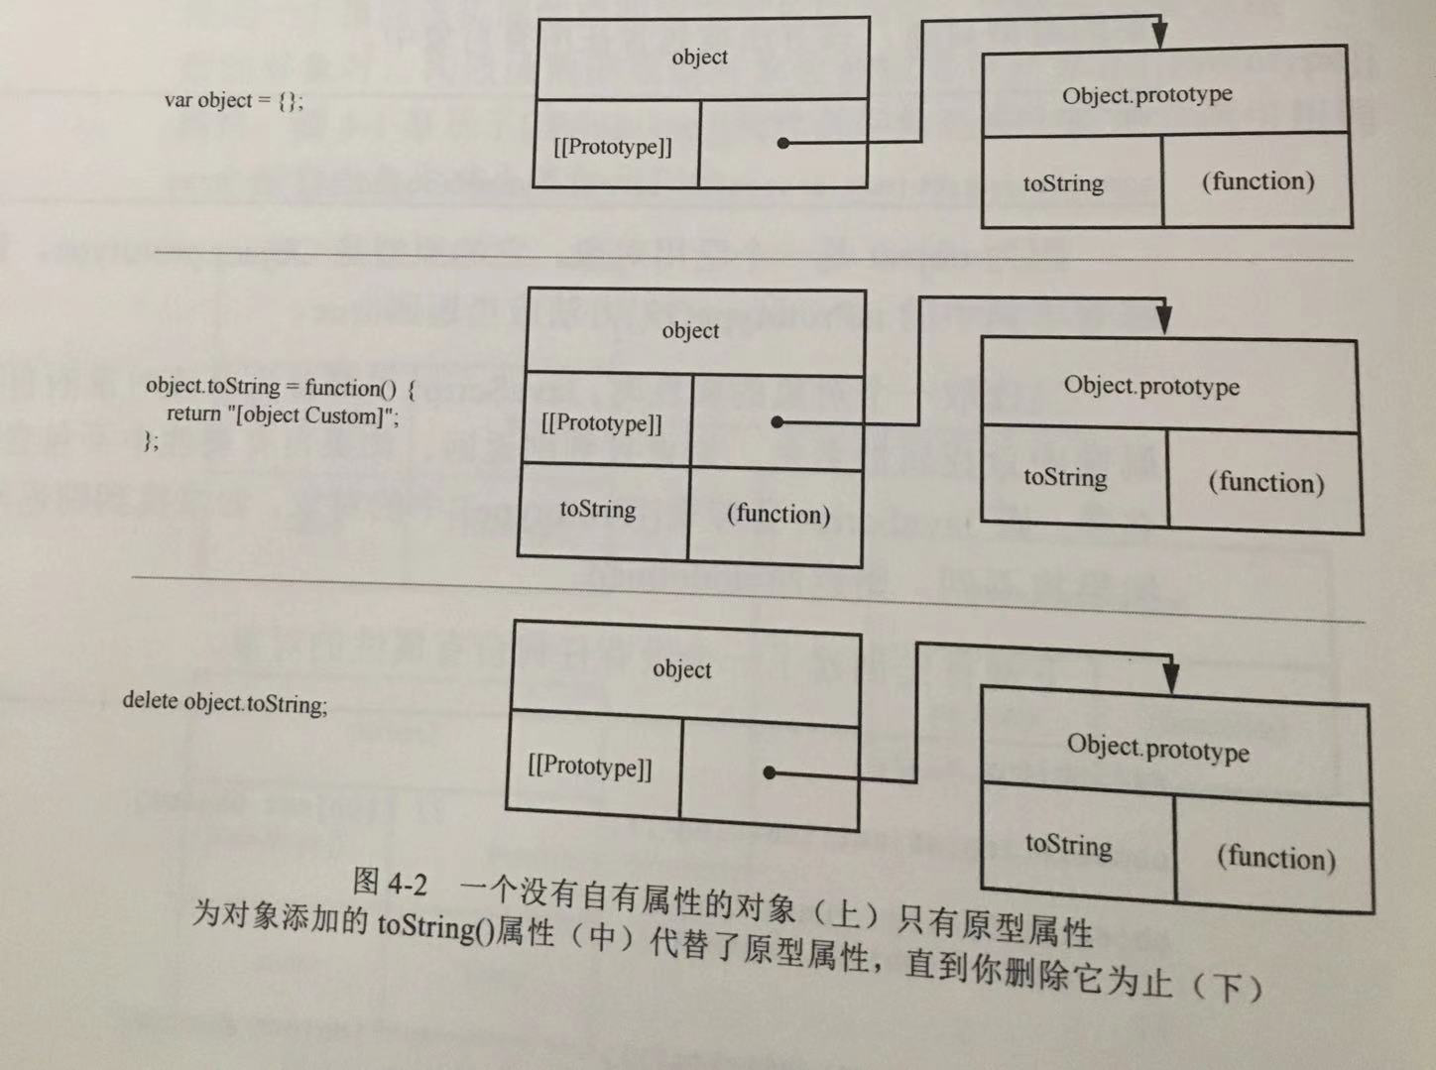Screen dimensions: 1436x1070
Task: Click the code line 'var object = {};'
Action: pos(234,100)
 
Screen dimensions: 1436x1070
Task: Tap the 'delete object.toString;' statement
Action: pos(225,702)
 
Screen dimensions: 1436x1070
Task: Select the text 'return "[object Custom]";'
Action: pos(283,415)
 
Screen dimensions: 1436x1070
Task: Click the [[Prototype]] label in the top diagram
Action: pos(613,147)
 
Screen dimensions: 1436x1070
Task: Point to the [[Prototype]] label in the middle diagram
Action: pos(602,422)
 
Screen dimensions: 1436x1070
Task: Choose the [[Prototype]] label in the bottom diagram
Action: pos(590,767)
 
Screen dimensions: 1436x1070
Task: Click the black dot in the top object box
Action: pos(783,144)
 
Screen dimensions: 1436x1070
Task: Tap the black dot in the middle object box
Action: pos(777,422)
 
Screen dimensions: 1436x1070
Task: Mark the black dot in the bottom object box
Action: pos(769,773)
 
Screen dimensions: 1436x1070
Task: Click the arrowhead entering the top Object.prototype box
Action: pos(1159,37)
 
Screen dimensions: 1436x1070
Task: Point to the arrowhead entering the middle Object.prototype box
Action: pos(1164,320)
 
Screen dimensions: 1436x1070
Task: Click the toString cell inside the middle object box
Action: pos(598,510)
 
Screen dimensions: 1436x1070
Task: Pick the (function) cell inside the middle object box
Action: pos(778,514)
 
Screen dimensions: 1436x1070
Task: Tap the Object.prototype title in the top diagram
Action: pos(1147,95)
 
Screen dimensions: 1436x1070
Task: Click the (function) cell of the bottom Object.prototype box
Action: pos(1276,857)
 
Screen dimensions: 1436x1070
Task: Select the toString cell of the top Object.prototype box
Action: pos(1063,183)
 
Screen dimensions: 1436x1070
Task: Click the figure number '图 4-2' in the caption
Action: pos(390,881)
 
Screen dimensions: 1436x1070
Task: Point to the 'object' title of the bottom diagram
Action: pos(682,669)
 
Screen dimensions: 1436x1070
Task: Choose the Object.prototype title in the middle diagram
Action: pos(1151,386)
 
